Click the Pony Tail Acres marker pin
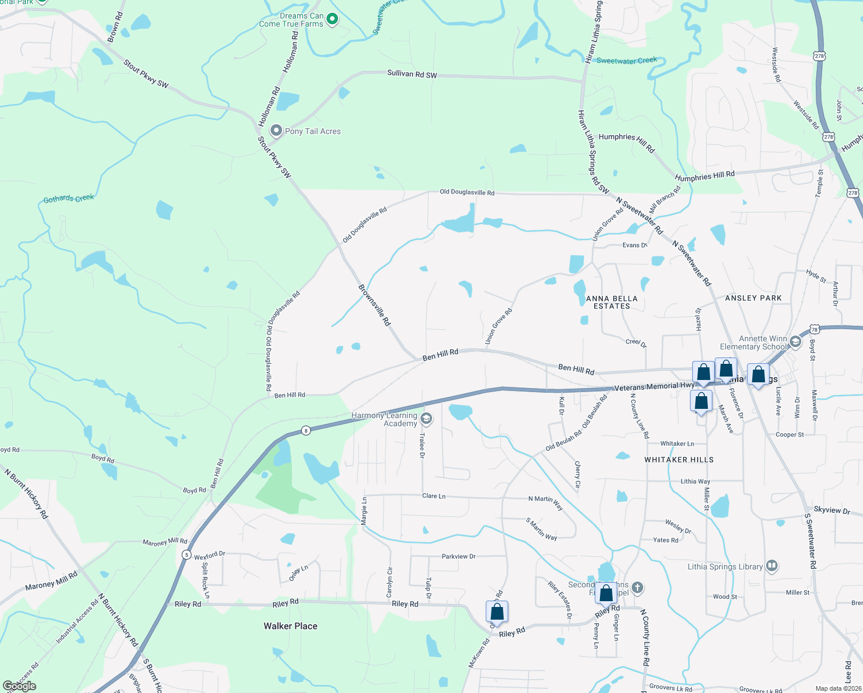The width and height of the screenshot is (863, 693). [x=276, y=131]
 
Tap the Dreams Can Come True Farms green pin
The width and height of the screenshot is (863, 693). [x=332, y=20]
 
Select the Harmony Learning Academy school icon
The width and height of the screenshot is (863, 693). [x=426, y=418]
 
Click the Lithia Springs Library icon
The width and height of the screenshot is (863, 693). [x=772, y=565]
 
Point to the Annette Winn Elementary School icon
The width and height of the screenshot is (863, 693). [x=796, y=341]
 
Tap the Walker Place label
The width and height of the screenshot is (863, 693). [x=290, y=626]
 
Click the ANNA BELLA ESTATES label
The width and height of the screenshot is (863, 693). [x=611, y=302]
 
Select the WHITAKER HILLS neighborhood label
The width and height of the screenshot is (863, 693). [x=678, y=460]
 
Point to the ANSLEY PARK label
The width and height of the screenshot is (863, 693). [x=753, y=298]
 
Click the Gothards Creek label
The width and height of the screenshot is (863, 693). [x=69, y=199]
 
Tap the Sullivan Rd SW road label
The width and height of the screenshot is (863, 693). [x=412, y=74]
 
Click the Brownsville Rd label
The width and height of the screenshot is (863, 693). [x=374, y=304]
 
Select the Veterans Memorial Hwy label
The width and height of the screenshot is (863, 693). [x=654, y=386]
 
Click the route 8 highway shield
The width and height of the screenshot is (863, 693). [x=306, y=430]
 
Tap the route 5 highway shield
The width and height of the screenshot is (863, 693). [x=186, y=554]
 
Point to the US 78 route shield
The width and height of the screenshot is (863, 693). [x=814, y=330]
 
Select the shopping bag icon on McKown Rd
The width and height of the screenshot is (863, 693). [x=497, y=612]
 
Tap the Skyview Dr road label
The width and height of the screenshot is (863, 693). [x=831, y=511]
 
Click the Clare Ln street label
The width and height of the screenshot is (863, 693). [x=434, y=496]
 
